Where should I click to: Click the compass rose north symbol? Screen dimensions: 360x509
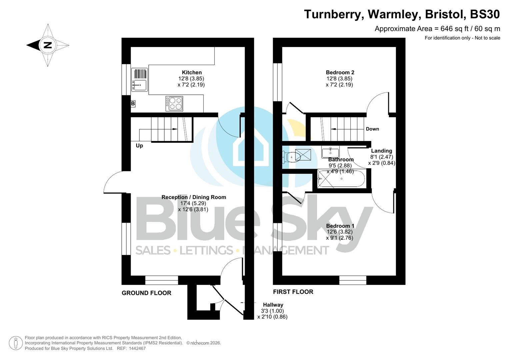[x=48, y=45]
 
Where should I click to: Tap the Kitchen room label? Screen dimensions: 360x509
[x=192, y=72]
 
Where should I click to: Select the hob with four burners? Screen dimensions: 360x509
[x=174, y=103]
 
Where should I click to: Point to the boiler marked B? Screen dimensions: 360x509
[x=133, y=104]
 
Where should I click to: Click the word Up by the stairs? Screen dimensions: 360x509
[x=139, y=146]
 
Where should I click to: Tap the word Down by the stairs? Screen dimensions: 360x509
[x=372, y=129]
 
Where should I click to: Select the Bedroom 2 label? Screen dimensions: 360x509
[x=340, y=72]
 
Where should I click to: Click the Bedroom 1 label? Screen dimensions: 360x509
[x=340, y=226]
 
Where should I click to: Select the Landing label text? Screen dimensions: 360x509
[x=381, y=151]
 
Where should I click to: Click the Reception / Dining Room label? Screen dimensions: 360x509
[x=194, y=197]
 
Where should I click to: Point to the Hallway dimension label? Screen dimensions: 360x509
[x=273, y=311]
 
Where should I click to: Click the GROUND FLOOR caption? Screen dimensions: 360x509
[x=146, y=293]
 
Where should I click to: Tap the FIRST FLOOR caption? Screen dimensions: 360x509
[x=293, y=292]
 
